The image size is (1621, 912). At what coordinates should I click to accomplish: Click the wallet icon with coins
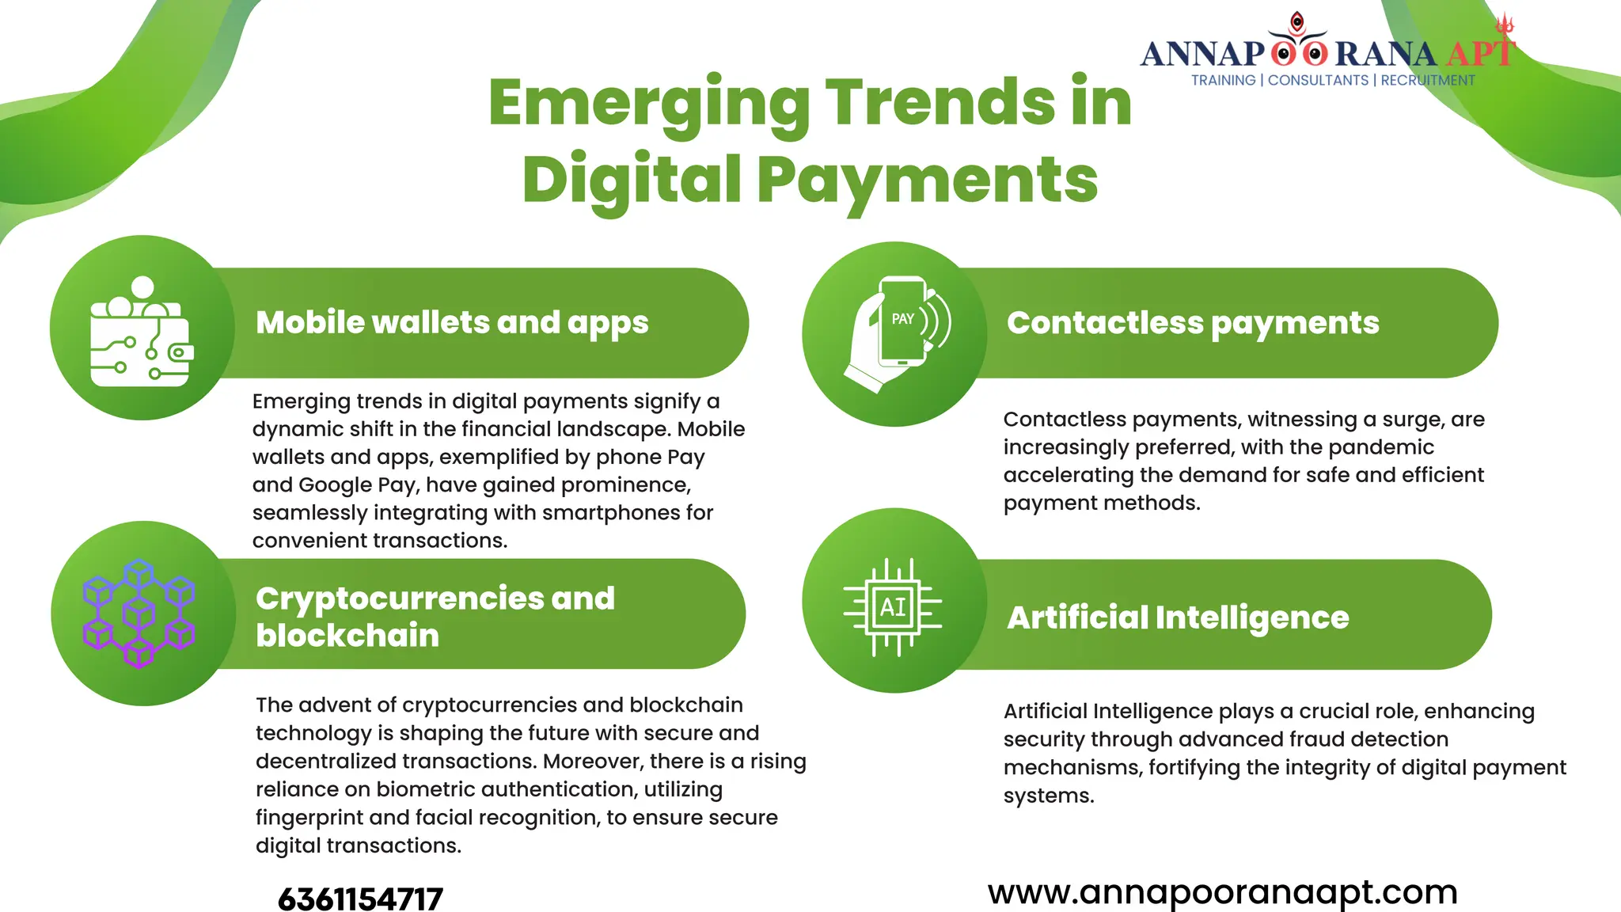click(141, 332)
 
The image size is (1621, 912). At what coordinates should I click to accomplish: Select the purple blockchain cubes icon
click(139, 614)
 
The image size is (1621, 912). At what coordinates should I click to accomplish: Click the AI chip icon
click(894, 607)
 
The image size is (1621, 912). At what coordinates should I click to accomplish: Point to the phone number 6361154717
click(360, 899)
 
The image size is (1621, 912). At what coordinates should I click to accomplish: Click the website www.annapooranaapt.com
click(1222, 892)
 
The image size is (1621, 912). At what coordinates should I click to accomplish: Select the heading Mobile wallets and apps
click(452, 322)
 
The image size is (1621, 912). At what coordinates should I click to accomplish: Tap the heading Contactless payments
click(1193, 323)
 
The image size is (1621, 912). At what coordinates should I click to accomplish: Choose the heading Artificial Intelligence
click(1178, 617)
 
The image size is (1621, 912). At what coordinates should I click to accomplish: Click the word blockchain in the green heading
click(347, 636)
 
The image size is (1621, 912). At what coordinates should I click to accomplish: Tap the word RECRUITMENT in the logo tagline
click(1428, 81)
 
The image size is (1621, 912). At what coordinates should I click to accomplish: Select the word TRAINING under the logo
click(1223, 81)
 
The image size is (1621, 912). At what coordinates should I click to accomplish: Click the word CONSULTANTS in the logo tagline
click(1318, 81)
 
